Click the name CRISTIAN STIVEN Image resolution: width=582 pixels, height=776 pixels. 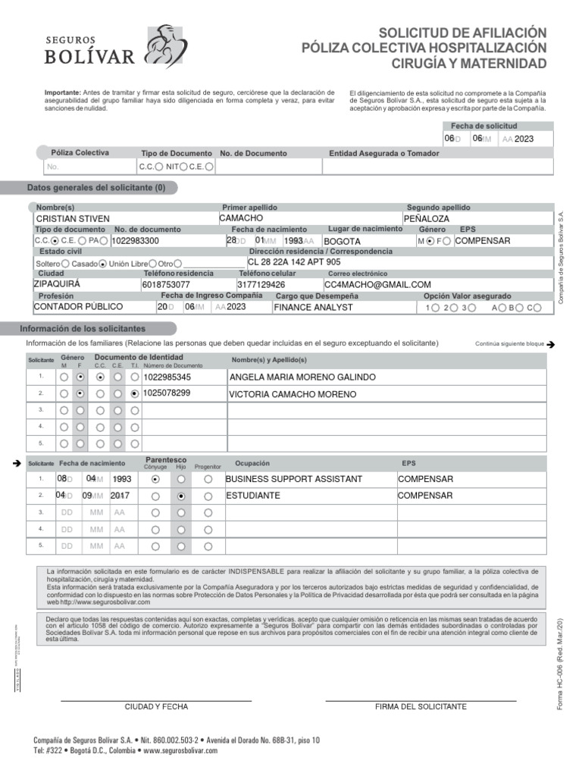click(73, 219)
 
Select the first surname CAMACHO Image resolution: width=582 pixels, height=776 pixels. click(241, 218)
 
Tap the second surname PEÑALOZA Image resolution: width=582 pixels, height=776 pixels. click(427, 219)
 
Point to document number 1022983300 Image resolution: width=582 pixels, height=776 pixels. click(135, 241)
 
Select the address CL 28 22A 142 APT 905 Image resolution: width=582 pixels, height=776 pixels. click(294, 262)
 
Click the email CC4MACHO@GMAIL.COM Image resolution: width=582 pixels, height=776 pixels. click(377, 285)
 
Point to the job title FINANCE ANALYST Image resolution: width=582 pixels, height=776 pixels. click(313, 308)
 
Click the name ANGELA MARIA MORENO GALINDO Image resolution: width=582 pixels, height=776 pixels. click(302, 377)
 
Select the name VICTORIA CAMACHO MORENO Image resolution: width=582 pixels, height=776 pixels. click(293, 394)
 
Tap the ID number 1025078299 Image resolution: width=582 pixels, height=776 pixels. click(167, 393)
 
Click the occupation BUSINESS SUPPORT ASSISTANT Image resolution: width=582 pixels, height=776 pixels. click(294, 480)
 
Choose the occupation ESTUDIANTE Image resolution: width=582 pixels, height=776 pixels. click(253, 496)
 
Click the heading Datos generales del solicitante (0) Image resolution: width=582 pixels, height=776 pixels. click(96, 188)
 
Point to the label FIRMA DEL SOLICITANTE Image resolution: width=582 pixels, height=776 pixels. click(421, 706)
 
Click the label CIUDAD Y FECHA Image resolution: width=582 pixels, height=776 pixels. click(156, 706)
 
